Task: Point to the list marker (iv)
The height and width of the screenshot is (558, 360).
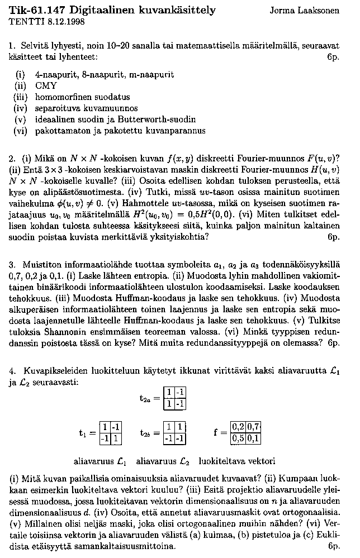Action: (x=20, y=108)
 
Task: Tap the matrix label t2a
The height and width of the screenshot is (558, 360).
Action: (x=145, y=399)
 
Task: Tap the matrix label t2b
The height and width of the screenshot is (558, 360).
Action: (x=145, y=433)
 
